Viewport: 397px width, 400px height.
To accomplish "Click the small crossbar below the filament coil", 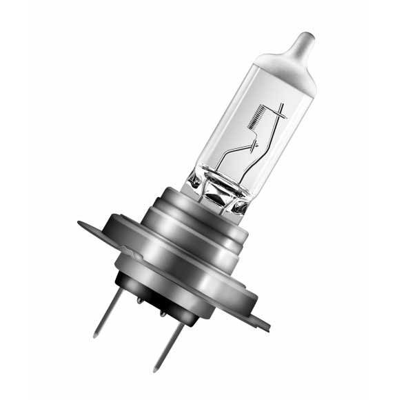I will (255, 146).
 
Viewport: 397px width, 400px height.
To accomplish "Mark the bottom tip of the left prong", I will (96, 336).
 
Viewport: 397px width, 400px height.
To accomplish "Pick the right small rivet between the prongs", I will (164, 314).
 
